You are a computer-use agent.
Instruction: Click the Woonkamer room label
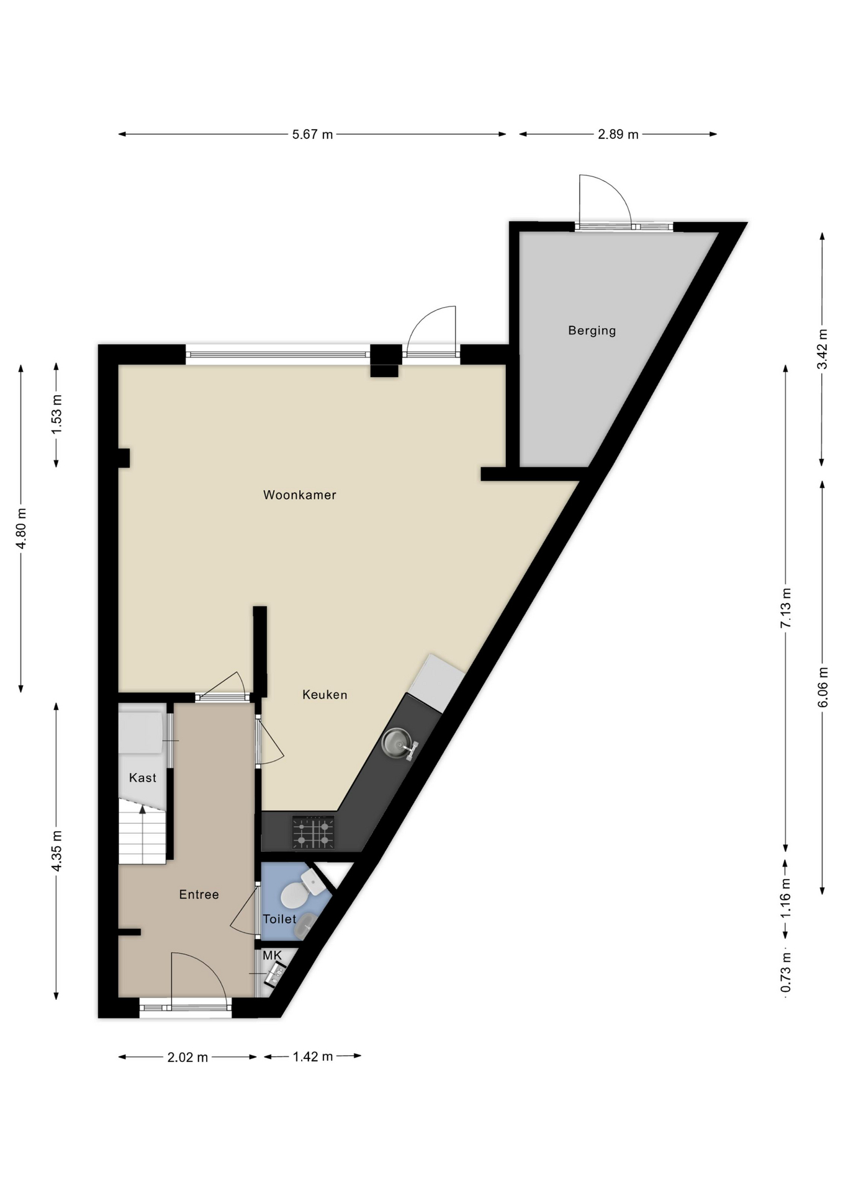click(x=299, y=495)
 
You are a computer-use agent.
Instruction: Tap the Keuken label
click(x=325, y=695)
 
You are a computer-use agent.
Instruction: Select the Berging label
click(x=592, y=331)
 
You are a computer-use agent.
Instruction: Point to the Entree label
click(x=199, y=894)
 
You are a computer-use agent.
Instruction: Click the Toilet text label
click(x=279, y=919)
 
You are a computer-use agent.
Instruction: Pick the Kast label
click(x=142, y=778)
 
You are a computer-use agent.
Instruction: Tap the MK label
click(x=272, y=956)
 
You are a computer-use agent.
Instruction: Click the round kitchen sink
click(x=396, y=742)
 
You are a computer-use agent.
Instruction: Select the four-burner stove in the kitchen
click(x=313, y=832)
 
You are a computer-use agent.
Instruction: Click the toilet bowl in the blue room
click(x=293, y=895)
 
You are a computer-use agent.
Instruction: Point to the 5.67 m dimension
click(x=312, y=134)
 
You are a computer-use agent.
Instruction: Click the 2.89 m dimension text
click(x=618, y=134)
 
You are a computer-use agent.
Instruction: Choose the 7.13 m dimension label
click(x=786, y=607)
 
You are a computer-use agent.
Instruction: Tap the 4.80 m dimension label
click(x=21, y=529)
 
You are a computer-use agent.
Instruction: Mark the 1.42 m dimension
click(x=313, y=1056)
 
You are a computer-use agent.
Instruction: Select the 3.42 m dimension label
click(x=822, y=349)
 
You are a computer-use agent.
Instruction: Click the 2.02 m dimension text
click(x=187, y=1058)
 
